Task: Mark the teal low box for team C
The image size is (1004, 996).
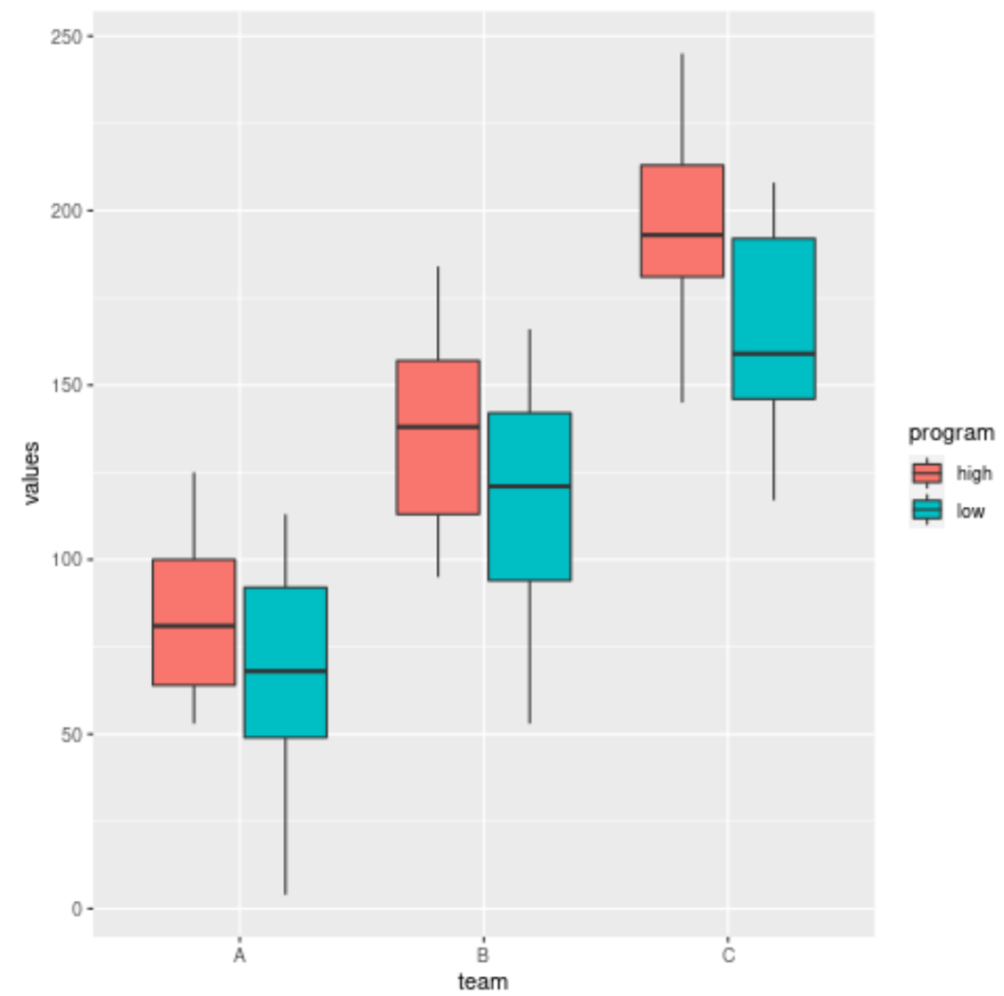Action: (774, 294)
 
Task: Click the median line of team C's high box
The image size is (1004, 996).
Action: (681, 235)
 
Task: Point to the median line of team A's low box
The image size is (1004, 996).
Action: (285, 672)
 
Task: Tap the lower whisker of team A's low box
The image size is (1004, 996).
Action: (285, 814)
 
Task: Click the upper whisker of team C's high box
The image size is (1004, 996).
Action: (682, 108)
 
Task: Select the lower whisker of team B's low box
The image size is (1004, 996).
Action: (529, 652)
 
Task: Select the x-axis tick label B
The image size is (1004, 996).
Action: (482, 954)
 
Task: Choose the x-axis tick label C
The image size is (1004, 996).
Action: (728, 954)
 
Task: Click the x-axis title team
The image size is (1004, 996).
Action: (482, 980)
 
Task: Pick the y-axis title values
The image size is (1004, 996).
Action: (31, 473)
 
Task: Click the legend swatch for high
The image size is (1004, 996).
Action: (927, 473)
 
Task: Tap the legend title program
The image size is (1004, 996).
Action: (950, 432)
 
